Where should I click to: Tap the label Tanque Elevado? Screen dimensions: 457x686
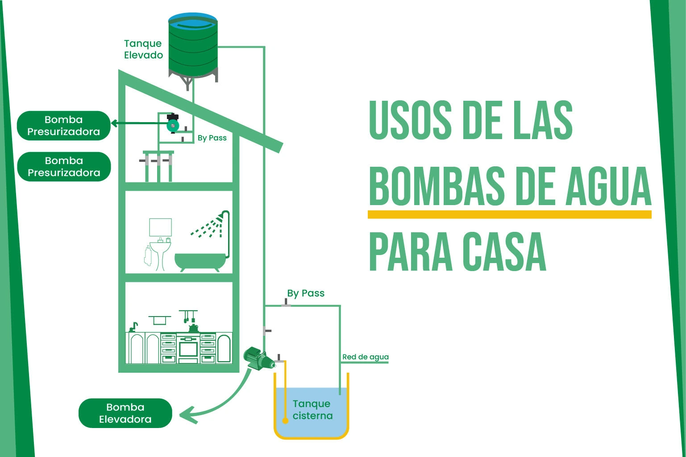pyautogui.click(x=143, y=49)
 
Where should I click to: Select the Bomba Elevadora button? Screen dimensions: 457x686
pyautogui.click(x=125, y=413)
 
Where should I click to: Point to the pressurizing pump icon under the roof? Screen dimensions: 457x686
pyautogui.click(x=172, y=124)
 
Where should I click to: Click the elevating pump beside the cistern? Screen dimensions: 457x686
pyautogui.click(x=256, y=358)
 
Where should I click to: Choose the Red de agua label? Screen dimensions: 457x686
pyautogui.click(x=365, y=357)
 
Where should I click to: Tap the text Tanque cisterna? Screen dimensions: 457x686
pyautogui.click(x=312, y=410)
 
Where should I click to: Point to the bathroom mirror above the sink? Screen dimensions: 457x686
pyautogui.click(x=160, y=227)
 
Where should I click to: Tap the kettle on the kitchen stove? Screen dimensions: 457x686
pyautogui.click(x=193, y=328)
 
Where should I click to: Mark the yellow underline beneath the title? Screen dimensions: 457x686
pyautogui.click(x=509, y=215)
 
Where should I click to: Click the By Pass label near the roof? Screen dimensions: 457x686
pyautogui.click(x=212, y=138)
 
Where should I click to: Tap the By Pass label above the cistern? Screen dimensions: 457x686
pyautogui.click(x=306, y=293)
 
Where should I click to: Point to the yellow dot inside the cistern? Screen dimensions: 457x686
pyautogui.click(x=285, y=420)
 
